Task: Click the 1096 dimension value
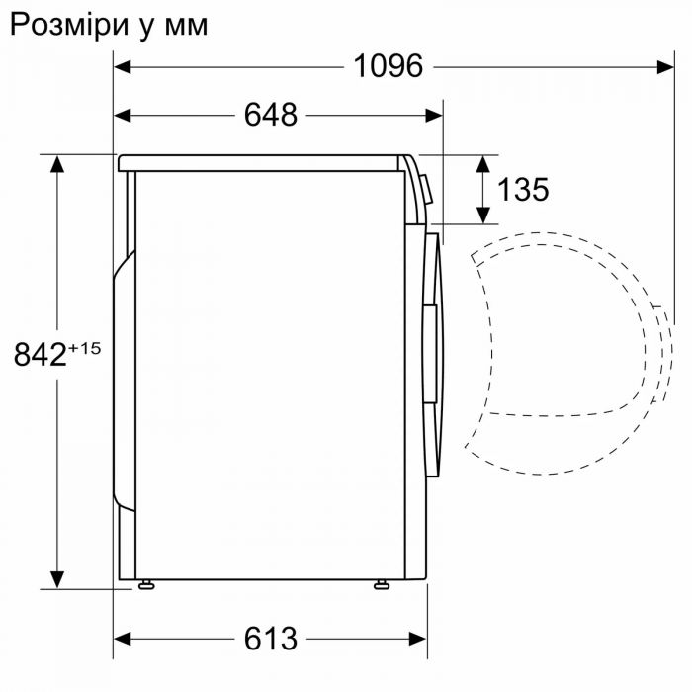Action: point(389,66)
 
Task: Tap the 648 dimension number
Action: point(270,115)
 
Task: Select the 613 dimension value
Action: point(270,639)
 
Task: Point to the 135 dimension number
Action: point(522,189)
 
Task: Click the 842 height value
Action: point(41,354)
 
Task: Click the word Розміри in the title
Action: point(64,24)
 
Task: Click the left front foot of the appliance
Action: point(147,584)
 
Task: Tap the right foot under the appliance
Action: point(381,584)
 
